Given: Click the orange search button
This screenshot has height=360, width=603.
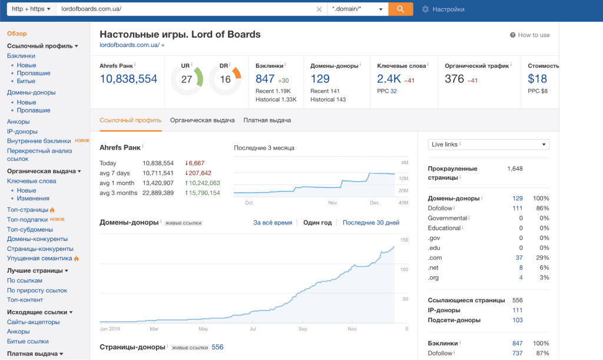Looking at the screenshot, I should [400, 9].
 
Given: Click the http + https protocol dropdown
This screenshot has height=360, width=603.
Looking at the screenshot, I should [31, 9].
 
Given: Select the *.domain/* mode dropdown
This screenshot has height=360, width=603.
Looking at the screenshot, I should [357, 9].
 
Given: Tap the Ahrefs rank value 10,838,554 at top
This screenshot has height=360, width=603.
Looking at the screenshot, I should [128, 79].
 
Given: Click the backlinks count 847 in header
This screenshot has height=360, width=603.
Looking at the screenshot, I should [266, 79].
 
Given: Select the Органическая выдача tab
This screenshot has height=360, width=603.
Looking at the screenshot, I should [202, 120].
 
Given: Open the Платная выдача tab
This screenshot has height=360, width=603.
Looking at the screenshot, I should [267, 120].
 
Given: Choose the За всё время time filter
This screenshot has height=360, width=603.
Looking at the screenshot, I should [273, 223].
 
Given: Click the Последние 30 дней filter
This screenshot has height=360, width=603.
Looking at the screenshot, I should [371, 223].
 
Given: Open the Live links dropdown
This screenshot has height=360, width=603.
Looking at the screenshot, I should [488, 144].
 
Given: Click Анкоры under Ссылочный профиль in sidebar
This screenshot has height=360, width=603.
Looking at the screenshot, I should [18, 122].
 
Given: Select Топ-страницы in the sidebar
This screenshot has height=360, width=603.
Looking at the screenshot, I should [27, 210].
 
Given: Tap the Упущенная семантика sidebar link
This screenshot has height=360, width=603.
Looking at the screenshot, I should [39, 258].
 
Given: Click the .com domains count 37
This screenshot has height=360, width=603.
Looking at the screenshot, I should [519, 258].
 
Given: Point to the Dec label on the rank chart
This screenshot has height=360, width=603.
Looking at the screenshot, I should [375, 203].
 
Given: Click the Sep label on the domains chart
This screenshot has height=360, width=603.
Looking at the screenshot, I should [303, 329].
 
